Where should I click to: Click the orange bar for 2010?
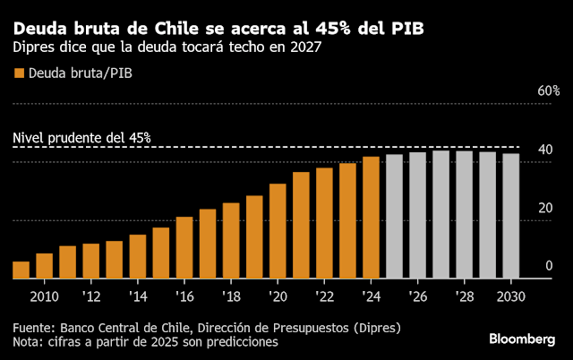coord(45,266)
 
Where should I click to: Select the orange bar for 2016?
coord(184,247)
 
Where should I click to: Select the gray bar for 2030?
coord(510,217)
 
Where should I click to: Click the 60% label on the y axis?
coord(548,91)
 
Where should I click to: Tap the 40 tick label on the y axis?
coord(543,150)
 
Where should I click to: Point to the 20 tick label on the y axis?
coord(543,208)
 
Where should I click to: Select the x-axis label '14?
coord(137,296)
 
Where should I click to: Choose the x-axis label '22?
coord(323,296)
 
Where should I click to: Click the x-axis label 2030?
coord(510,296)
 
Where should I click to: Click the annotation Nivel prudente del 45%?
coord(81,139)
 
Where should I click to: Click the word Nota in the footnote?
coord(27,341)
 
